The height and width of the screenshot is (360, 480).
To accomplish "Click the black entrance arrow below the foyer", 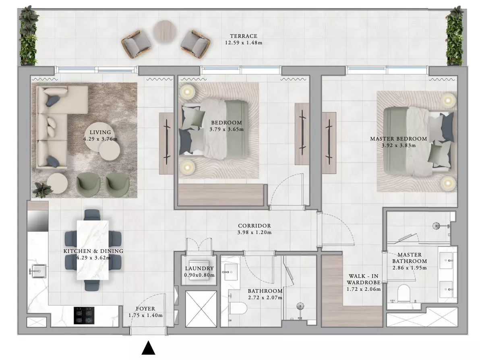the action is pos(149,348).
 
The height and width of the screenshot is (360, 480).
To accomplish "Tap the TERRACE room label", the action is pos(244,36).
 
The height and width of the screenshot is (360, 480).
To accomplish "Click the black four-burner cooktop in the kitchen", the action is pos(84,316).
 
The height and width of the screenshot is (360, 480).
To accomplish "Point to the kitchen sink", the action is pos(38,271).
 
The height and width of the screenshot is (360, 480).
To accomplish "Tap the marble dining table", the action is pos(93,250).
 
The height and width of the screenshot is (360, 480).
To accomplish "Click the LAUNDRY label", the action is pos(199,269).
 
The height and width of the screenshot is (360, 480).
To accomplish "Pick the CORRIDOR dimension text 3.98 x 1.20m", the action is pos(254,232).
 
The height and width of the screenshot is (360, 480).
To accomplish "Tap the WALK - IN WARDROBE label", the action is pos(364,279).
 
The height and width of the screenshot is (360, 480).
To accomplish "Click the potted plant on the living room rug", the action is pos(43,190).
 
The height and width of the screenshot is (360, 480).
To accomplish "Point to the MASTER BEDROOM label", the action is pos(399,139).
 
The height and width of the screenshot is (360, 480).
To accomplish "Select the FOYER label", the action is pos(145,309).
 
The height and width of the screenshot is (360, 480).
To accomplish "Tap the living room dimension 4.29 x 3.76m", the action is pos(100,139).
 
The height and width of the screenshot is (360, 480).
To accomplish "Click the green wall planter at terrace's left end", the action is pos(29,36).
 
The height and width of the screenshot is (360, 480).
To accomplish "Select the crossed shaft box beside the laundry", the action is pos(201,309).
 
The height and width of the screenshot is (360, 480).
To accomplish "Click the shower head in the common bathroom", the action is pos(300,306).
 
